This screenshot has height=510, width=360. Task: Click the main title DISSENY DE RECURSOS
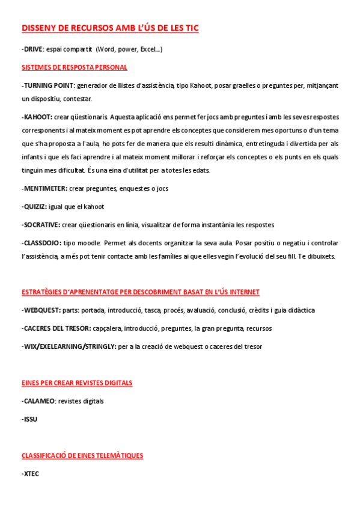(x=110, y=28)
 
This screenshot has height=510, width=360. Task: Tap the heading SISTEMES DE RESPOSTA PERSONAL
(x=74, y=67)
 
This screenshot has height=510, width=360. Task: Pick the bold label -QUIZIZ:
(x=35, y=206)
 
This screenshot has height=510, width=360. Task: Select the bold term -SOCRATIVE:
(x=41, y=224)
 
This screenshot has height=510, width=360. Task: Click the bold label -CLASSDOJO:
(x=41, y=243)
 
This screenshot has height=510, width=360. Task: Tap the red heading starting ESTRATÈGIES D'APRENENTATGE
(x=140, y=292)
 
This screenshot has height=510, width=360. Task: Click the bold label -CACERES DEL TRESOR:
(x=56, y=328)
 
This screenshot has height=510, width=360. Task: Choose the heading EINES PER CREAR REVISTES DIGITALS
(x=77, y=383)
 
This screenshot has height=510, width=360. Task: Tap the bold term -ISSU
(x=29, y=419)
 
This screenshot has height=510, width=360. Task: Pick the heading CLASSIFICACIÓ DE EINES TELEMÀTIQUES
(x=82, y=455)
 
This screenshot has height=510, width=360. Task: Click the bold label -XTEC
(x=31, y=473)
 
